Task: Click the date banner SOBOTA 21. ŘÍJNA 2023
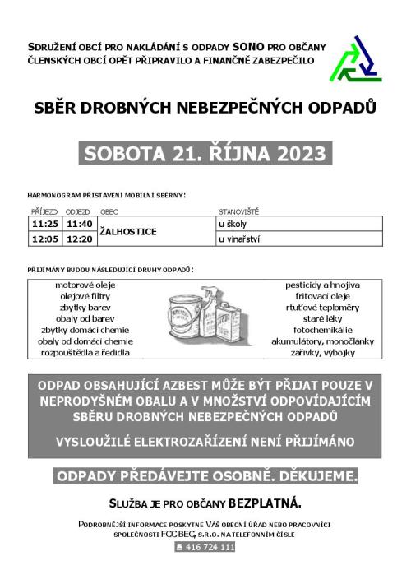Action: [205, 154]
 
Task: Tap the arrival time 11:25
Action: [45, 224]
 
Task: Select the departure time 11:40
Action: [81, 224]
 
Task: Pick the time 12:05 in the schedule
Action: [45, 239]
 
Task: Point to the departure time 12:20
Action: [81, 239]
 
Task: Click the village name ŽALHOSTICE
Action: [127, 232]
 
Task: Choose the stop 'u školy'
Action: [233, 224]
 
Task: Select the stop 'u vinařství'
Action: [238, 239]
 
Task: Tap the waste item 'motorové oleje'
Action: [85, 285]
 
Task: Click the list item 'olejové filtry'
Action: [85, 296]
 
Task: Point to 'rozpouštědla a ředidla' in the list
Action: [85, 353]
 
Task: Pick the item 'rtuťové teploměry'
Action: [326, 308]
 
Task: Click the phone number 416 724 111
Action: [205, 546]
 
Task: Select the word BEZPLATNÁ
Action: [266, 502]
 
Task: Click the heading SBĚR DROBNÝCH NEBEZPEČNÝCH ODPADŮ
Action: [205, 107]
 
